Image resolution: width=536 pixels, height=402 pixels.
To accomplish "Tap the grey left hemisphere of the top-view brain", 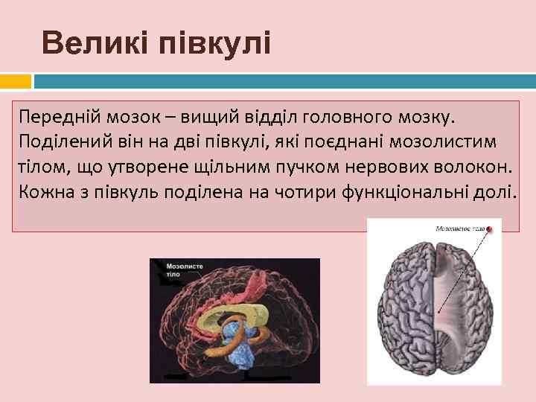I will click(x=406, y=313).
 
